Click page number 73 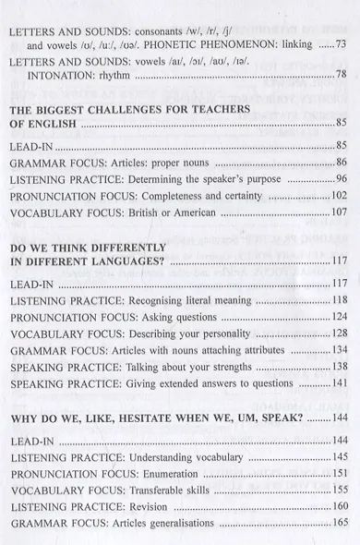tap(339, 44)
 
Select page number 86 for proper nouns tap(339, 163)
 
